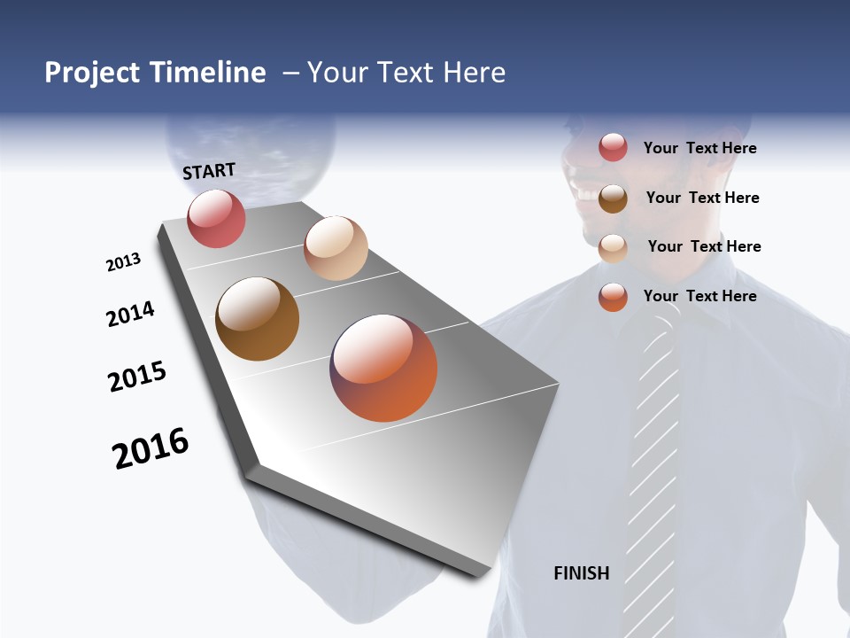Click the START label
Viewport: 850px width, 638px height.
(x=209, y=171)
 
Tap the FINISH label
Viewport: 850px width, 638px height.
(x=581, y=573)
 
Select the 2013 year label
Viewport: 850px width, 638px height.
(x=123, y=262)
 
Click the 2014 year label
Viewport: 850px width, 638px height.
(x=130, y=314)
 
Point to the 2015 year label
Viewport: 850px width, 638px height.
(x=137, y=377)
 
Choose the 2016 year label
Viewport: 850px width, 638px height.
(x=151, y=448)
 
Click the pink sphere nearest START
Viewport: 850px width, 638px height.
(x=216, y=219)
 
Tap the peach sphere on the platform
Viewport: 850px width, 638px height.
(x=336, y=248)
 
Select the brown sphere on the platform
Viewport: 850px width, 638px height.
(x=258, y=319)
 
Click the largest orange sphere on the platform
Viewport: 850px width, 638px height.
(x=383, y=368)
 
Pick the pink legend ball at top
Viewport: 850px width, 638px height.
(x=613, y=147)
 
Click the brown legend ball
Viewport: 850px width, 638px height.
(x=613, y=198)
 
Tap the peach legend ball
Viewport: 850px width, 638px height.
(x=613, y=248)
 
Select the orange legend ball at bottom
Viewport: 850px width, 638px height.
(x=613, y=297)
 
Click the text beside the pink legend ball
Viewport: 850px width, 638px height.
(x=699, y=148)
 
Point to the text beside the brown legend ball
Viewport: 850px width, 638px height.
(x=702, y=198)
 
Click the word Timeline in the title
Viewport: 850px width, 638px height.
(x=207, y=73)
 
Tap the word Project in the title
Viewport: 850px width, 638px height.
(x=93, y=73)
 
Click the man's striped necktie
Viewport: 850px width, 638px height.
(x=651, y=461)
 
